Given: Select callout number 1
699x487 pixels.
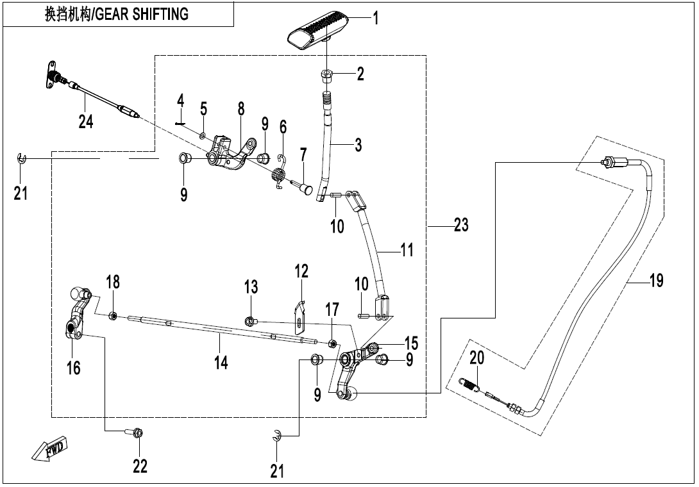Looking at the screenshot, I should tap(376, 19).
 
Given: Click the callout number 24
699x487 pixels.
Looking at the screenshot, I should tap(85, 120).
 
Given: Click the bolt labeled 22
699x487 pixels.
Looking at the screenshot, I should tap(138, 433).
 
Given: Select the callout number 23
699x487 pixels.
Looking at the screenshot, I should tap(460, 225).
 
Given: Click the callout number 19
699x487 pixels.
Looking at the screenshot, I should tap(655, 280).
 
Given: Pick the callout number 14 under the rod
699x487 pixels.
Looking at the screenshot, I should tap(221, 363).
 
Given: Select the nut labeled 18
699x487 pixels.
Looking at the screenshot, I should tap(112, 315).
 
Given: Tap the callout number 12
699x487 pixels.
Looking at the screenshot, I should tap(301, 271).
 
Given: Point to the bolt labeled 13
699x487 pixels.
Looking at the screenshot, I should tap(250, 320).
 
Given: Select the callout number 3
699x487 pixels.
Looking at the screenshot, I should tap(358, 145).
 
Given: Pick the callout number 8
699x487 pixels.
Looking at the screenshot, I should tap(241, 108).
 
